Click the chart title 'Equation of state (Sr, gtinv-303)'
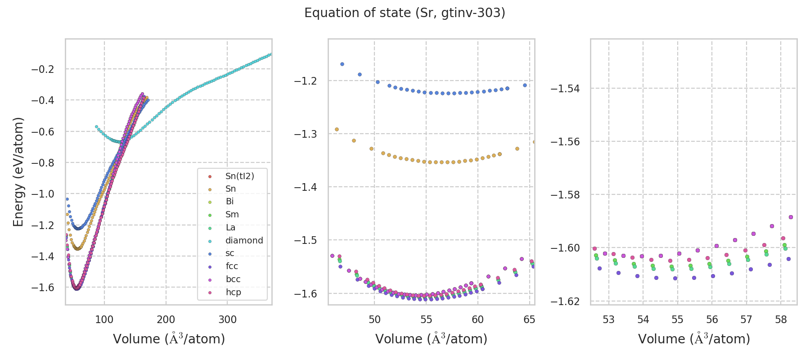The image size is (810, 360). [x=405, y=13]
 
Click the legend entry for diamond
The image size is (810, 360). [x=244, y=241]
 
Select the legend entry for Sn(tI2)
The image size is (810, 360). [x=239, y=176]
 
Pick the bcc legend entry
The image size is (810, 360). [x=233, y=279]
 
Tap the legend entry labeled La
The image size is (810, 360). [x=230, y=228]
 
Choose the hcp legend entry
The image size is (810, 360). [x=233, y=292]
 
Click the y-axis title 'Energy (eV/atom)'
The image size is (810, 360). [x=18, y=172]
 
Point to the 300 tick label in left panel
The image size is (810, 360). [x=227, y=319]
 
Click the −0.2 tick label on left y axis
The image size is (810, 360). [x=42, y=69]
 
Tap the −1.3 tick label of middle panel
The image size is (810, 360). [x=305, y=134]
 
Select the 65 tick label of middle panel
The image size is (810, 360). [x=529, y=319]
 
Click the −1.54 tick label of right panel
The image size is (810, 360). [x=565, y=89]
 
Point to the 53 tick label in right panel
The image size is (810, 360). [x=608, y=319]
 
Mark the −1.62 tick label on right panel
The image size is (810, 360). [x=565, y=301]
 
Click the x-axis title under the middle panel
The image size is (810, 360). [x=431, y=339]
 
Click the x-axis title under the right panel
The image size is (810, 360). [x=694, y=339]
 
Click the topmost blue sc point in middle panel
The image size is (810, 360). [x=342, y=64]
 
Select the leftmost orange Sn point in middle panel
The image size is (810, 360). [x=337, y=129]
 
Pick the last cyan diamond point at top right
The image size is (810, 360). [x=270, y=54]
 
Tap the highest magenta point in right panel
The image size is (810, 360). [x=791, y=217]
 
